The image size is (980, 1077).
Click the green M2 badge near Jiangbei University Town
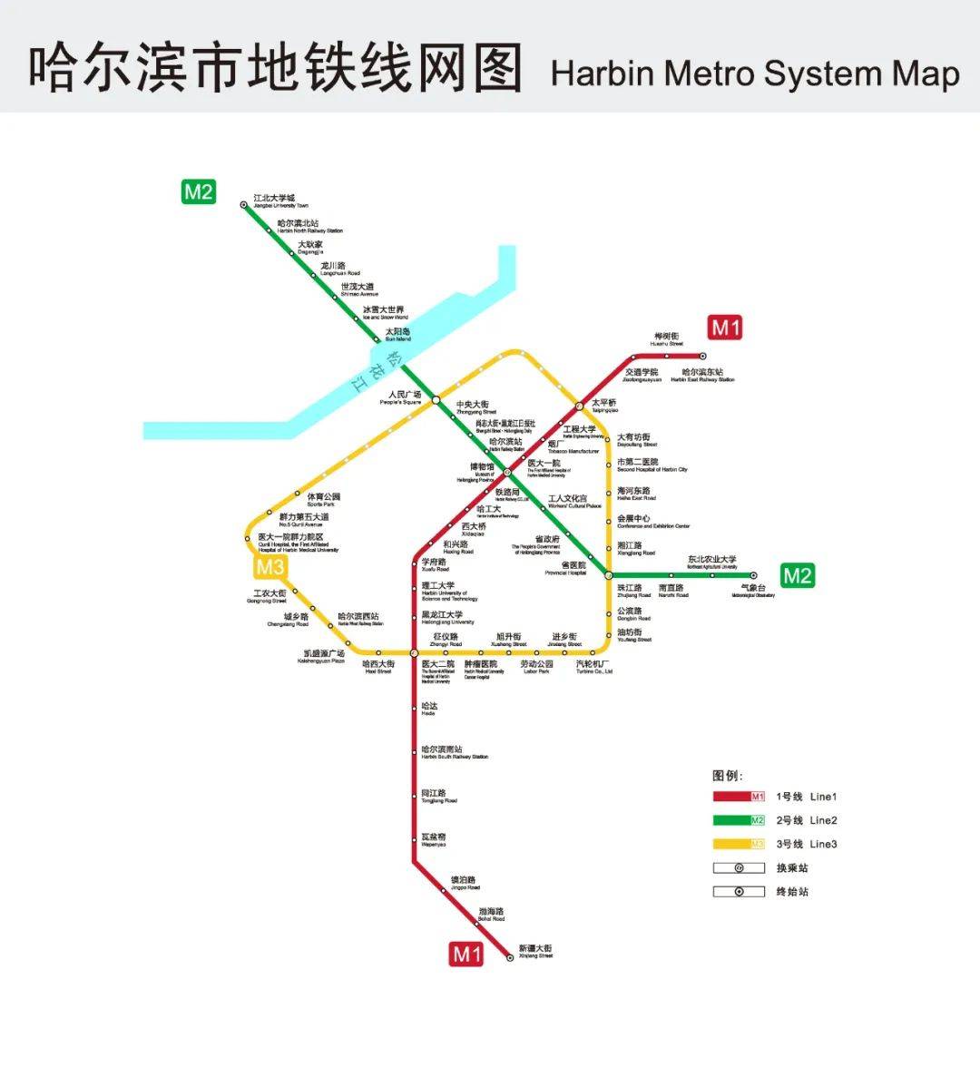199,192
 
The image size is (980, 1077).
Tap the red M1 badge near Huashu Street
725,328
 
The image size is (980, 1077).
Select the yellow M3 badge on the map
269,568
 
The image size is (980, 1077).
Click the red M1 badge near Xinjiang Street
467,954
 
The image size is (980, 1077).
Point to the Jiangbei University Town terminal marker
244,205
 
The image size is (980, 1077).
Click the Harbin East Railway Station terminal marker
702,357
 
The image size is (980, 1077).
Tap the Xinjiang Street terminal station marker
510,957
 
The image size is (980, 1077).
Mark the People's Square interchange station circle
436,400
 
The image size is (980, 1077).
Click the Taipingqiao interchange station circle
579,406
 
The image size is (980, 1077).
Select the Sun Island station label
397,334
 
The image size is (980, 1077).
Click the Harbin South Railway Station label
454,752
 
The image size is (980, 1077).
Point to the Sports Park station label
323,499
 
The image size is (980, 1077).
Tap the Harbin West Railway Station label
359,619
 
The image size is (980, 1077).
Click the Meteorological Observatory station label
752,591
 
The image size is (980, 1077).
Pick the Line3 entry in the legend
808,845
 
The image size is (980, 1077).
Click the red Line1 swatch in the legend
739,797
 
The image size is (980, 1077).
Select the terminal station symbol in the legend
739,892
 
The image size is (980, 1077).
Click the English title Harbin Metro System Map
754,73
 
